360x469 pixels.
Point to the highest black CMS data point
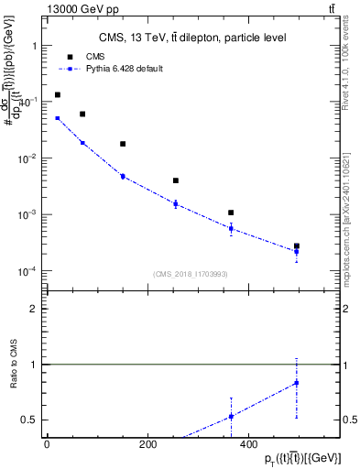[58, 94]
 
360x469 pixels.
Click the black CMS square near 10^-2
[123, 144]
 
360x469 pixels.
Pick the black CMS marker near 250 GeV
[175, 180]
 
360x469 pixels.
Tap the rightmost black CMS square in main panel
[296, 246]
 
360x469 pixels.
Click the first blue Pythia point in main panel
[58, 118]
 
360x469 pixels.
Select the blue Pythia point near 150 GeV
[123, 176]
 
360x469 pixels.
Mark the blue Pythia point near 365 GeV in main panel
[231, 228]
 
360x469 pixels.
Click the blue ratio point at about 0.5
[231, 416]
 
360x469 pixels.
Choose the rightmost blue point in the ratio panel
[296, 383]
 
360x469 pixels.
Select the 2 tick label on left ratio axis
[33, 309]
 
